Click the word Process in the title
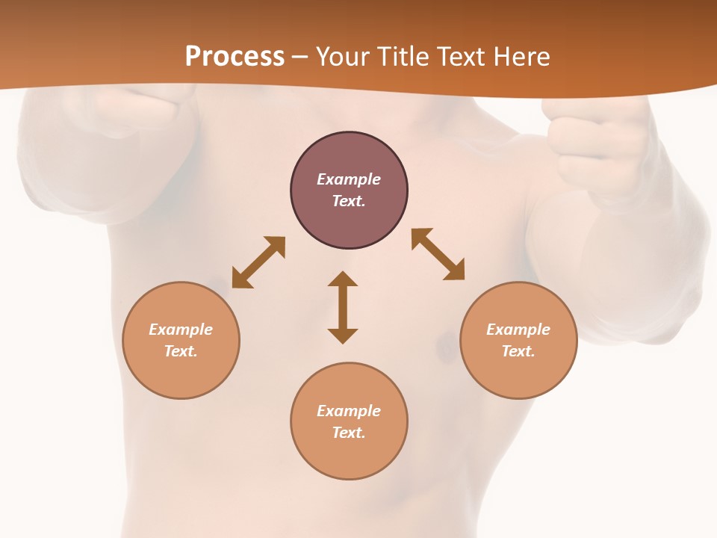pos(235,57)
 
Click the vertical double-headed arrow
pos(343,307)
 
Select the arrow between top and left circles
pos(258,262)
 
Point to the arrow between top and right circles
pos(438,254)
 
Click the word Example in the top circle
pos(349,179)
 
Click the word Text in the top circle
pos(349,201)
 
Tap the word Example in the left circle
pos(181,330)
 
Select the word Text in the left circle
pos(181,351)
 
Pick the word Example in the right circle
pos(518,330)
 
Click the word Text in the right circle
pos(518,351)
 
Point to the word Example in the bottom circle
pos(349,411)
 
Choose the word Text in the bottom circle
pos(349,433)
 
